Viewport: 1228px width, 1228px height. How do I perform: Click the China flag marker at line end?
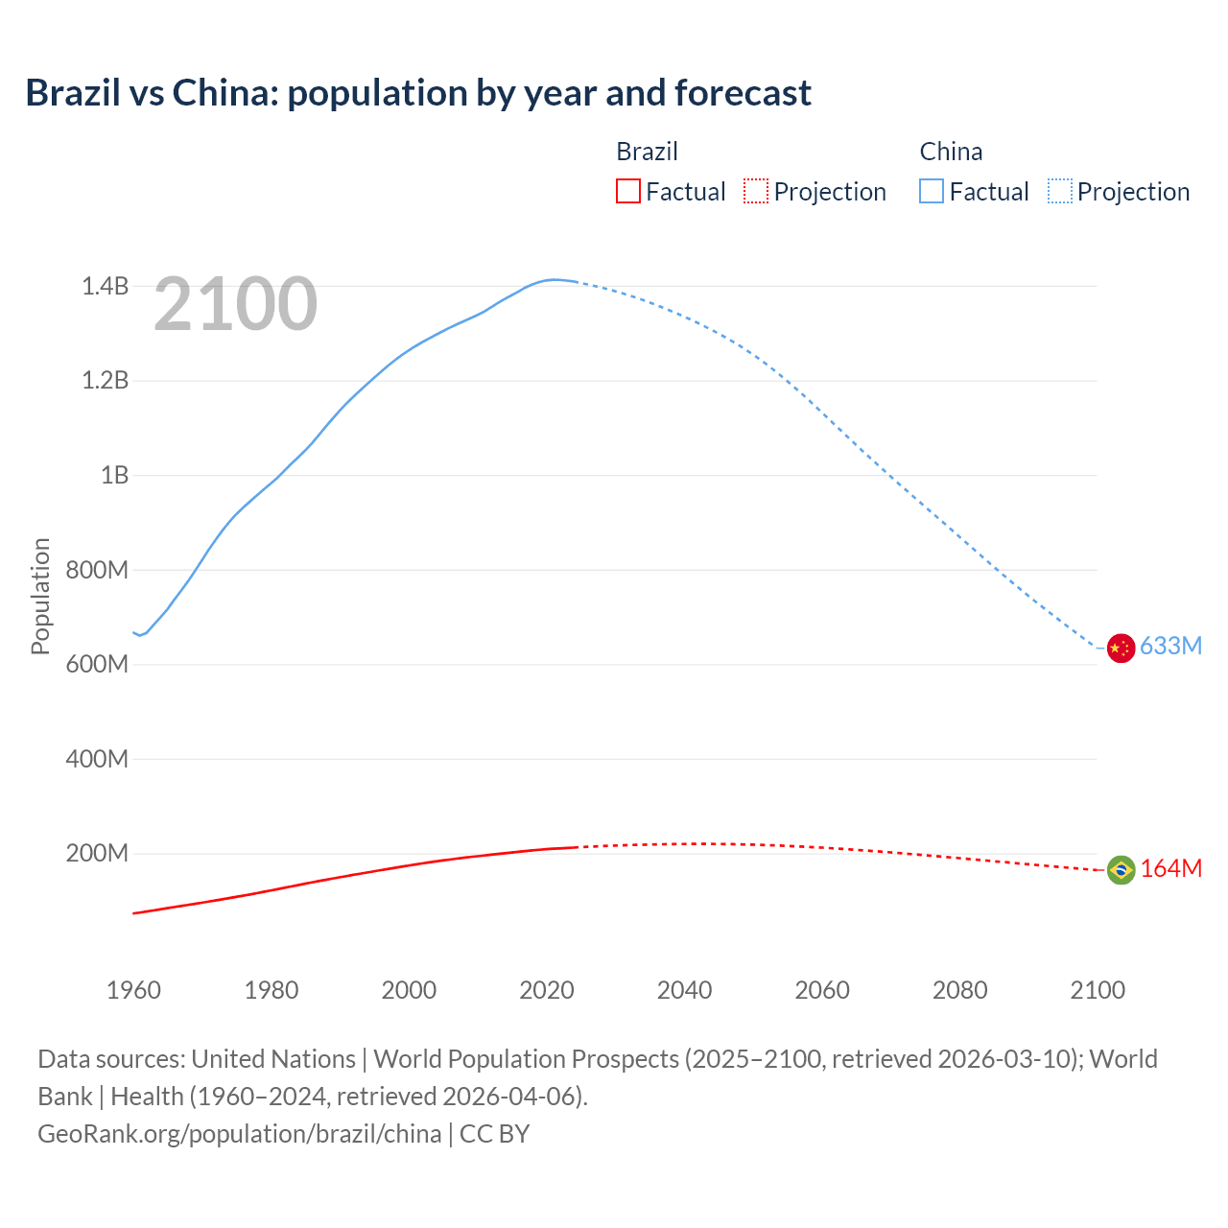coord(1121,649)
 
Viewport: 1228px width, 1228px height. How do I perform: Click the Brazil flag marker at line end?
coord(1121,870)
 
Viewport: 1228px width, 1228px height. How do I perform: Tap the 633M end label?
coord(1170,646)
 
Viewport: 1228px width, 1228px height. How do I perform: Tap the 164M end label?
coord(1170,868)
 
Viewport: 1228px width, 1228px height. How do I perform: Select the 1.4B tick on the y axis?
coord(105,286)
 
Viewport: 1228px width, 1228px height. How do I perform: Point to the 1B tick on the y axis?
coord(114,475)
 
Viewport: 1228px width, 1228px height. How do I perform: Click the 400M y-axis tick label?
coord(97,759)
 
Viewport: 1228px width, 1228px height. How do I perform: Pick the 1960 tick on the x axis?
coord(133,990)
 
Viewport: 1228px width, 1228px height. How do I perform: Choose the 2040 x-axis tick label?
coord(684,990)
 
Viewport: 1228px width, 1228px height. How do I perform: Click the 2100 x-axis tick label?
coord(1098,990)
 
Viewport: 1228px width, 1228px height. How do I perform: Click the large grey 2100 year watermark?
coord(235,304)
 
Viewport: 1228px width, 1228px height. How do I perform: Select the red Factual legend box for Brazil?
coord(627,191)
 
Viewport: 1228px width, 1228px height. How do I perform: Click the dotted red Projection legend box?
coord(756,191)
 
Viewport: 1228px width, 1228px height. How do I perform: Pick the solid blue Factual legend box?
coord(931,191)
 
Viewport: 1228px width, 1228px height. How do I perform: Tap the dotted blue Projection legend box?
coord(1059,191)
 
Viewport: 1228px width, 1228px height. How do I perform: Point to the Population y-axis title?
coord(40,596)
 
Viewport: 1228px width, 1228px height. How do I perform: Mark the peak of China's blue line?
coord(554,279)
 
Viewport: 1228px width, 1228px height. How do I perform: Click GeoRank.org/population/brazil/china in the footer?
coord(239,1134)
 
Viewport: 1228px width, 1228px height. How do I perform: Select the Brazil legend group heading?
coord(647,152)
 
